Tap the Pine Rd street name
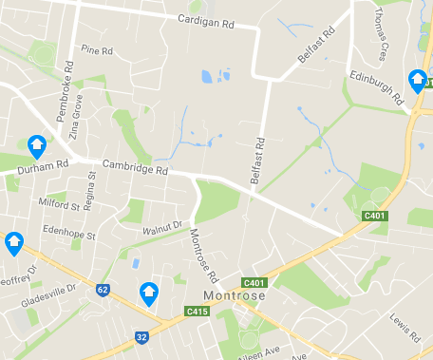point(97,49)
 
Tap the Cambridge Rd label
point(135,168)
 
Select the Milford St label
point(59,203)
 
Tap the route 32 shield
point(141,335)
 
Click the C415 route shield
point(197,311)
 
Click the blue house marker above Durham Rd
point(37,144)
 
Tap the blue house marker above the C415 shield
point(149,293)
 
